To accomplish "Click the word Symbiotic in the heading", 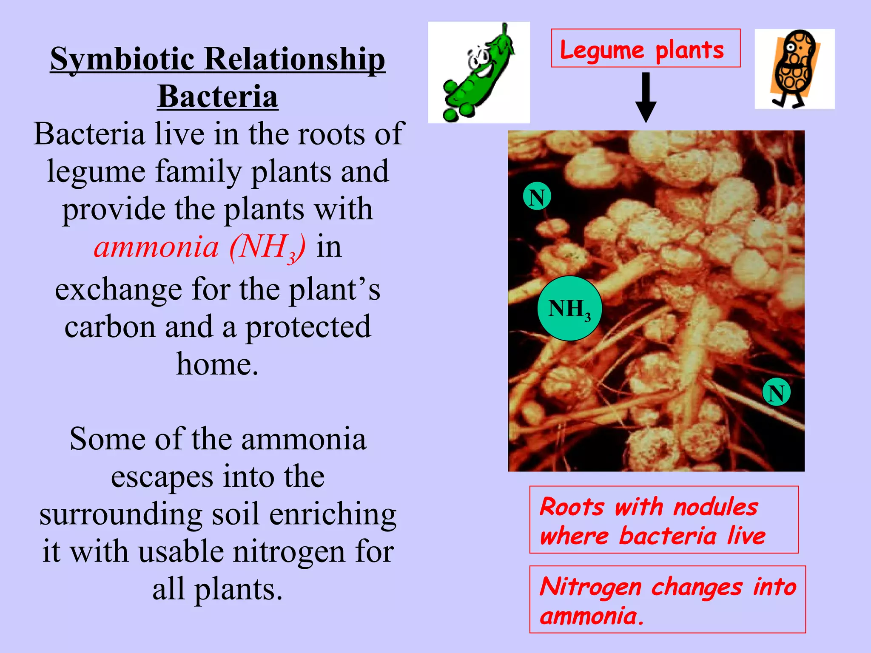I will [123, 60].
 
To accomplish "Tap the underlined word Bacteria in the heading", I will [217, 97].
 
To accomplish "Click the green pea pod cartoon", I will [479, 73].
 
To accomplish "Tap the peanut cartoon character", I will [794, 68].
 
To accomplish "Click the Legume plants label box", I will [645, 48].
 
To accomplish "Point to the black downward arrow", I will [646, 97].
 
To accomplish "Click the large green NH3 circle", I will [569, 309].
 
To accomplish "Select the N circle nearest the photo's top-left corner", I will [537, 197].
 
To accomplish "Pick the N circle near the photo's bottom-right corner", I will [776, 392].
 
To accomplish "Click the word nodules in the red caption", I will [715, 507].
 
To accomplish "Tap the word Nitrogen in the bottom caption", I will [590, 588].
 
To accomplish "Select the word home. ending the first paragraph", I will [217, 364].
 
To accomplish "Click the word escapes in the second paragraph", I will [162, 477].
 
